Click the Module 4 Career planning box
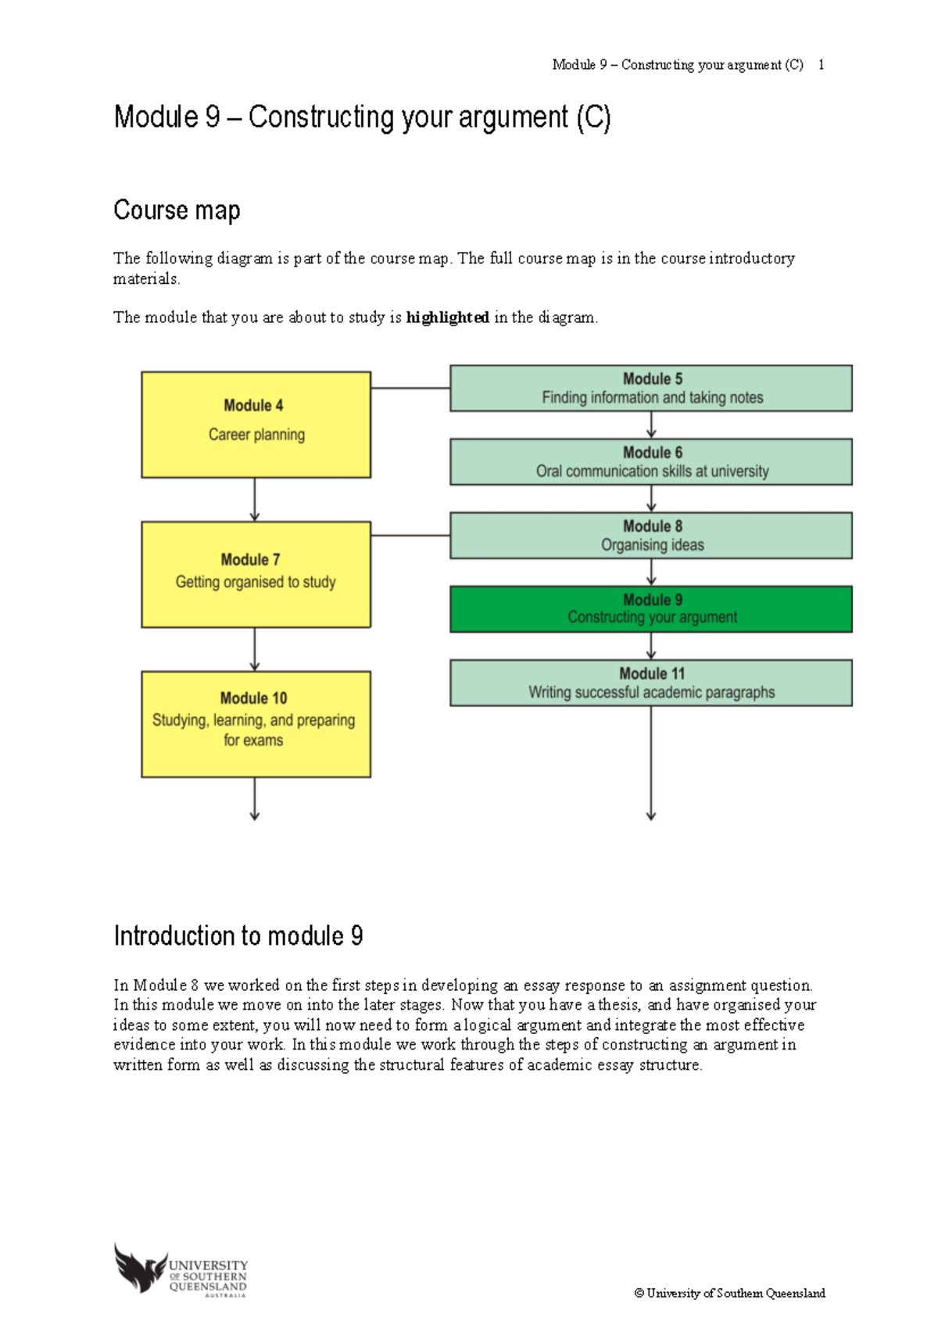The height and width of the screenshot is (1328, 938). [x=256, y=425]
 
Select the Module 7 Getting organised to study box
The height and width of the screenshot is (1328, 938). [x=256, y=574]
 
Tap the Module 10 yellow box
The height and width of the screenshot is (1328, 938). [x=256, y=723]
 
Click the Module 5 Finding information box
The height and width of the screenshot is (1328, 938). [x=650, y=388]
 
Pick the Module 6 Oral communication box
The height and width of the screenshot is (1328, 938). [x=650, y=461]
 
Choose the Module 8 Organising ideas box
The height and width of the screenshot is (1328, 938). [x=650, y=535]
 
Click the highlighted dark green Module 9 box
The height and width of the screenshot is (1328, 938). [x=650, y=608]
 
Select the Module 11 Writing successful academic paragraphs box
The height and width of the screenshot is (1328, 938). [x=650, y=683]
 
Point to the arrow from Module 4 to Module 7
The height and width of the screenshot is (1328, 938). [x=255, y=499]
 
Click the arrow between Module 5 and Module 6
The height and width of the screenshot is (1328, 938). [x=651, y=425]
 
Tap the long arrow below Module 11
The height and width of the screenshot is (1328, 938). [x=651, y=763]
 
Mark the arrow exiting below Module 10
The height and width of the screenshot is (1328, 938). [x=255, y=799]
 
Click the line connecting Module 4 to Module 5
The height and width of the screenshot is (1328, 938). [x=410, y=388]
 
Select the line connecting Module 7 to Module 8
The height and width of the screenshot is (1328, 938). [x=410, y=536]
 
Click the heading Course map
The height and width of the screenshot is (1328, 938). [x=177, y=210]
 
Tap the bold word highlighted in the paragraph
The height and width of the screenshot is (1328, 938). [x=447, y=318]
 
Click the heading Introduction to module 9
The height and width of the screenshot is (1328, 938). [x=238, y=935]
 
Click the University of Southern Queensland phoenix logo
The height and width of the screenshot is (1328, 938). [x=141, y=1268]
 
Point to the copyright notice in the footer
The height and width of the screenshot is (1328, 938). [x=729, y=1294]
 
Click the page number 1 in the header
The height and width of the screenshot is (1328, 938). [x=821, y=65]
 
